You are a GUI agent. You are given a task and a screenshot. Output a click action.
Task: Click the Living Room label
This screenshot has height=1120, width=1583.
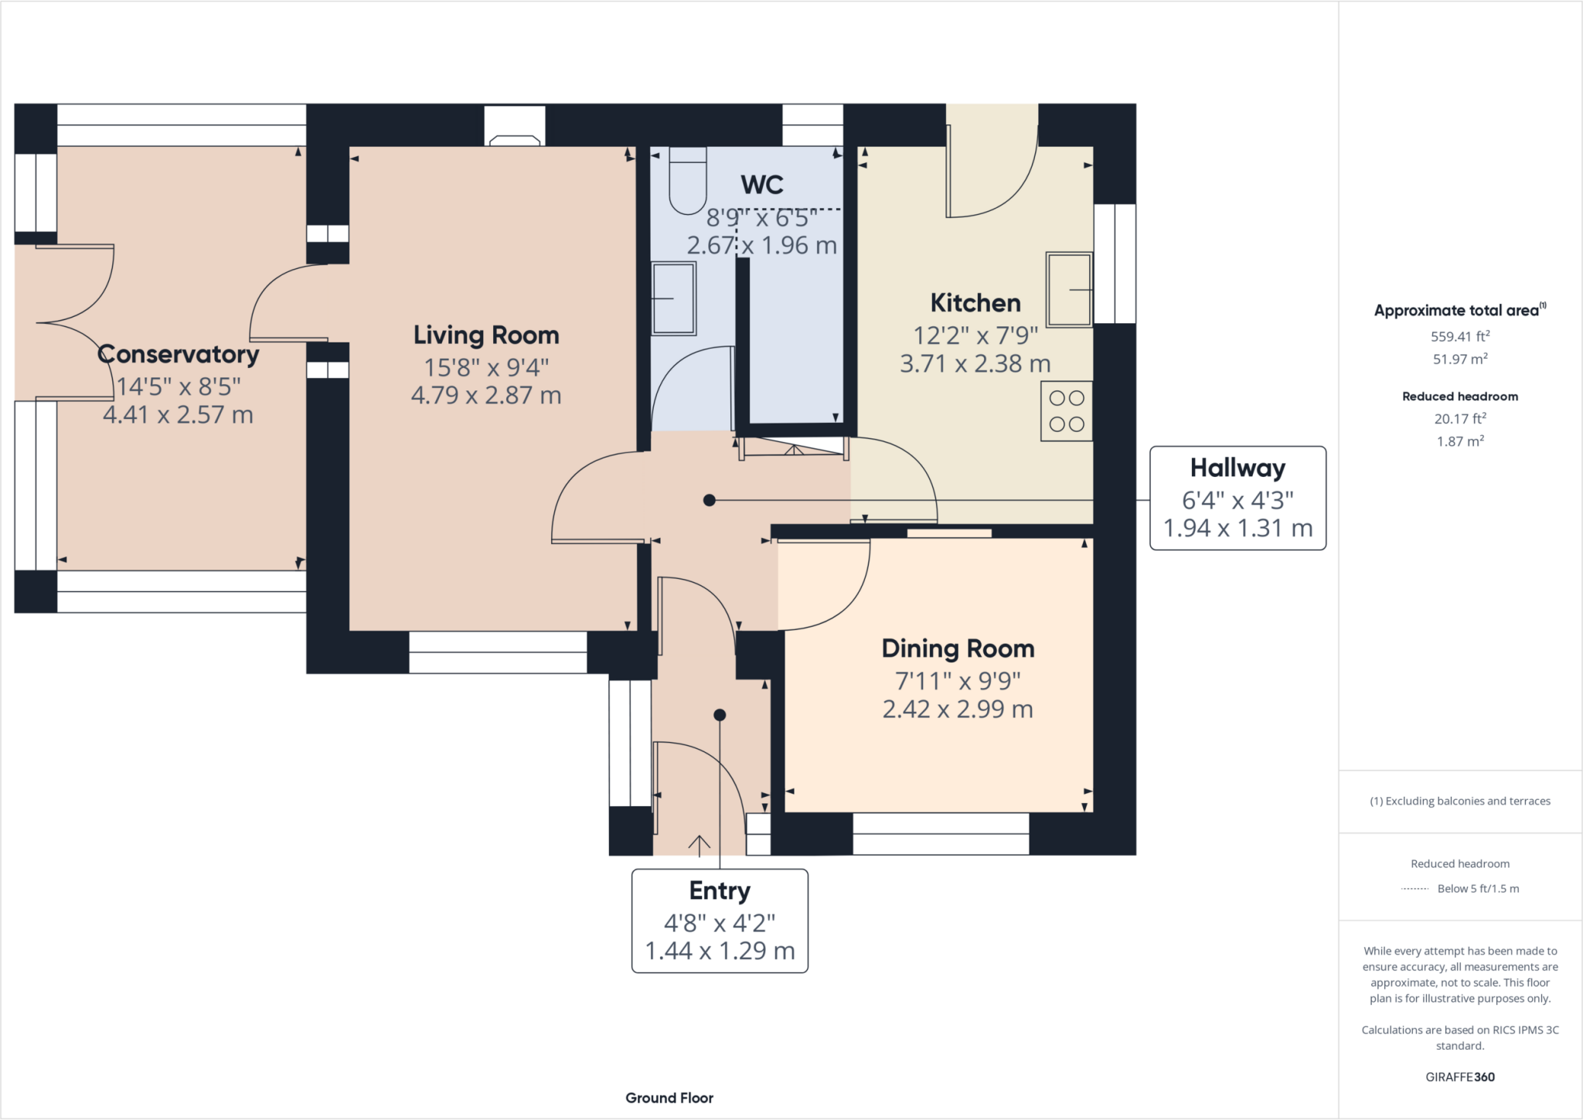pyautogui.click(x=485, y=335)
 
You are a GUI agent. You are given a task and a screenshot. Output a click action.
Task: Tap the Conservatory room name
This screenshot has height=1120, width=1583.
pyautogui.click(x=178, y=354)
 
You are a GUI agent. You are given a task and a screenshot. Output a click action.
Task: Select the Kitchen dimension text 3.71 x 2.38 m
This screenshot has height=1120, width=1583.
pyautogui.click(x=975, y=364)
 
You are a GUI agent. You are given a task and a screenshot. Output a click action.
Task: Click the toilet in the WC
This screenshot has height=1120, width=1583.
pyautogui.click(x=687, y=181)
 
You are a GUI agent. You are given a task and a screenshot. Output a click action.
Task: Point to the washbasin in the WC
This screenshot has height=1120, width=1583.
pyautogui.click(x=673, y=298)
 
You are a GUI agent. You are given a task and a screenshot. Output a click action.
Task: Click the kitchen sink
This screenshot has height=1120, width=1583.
pyautogui.click(x=1069, y=289)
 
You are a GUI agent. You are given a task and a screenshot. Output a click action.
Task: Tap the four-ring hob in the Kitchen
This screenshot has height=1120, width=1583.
pyautogui.click(x=1067, y=410)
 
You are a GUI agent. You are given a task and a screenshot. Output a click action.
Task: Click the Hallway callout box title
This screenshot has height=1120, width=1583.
pyautogui.click(x=1237, y=468)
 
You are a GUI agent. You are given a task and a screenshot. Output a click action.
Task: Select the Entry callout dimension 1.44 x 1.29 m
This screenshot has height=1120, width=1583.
pyautogui.click(x=720, y=951)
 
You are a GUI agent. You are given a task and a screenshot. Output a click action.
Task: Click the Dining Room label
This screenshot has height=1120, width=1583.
pyautogui.click(x=958, y=649)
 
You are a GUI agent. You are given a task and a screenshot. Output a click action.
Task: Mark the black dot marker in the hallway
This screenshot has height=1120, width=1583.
pyautogui.click(x=709, y=501)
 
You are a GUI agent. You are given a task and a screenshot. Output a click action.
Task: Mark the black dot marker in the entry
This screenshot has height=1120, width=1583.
pyautogui.click(x=720, y=715)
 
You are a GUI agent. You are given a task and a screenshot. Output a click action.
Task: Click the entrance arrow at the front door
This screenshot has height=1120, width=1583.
pyautogui.click(x=699, y=845)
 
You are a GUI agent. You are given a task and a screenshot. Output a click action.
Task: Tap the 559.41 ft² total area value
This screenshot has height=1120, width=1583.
pyautogui.click(x=1459, y=336)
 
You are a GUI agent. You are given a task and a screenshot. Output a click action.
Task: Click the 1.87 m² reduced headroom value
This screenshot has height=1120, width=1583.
pyautogui.click(x=1459, y=441)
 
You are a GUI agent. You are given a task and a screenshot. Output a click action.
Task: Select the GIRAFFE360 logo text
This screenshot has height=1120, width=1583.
pyautogui.click(x=1459, y=1077)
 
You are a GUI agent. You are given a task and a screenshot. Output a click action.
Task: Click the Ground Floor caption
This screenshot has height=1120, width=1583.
pyautogui.click(x=669, y=1098)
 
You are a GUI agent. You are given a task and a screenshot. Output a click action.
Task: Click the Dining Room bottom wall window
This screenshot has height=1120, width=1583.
pyautogui.click(x=941, y=833)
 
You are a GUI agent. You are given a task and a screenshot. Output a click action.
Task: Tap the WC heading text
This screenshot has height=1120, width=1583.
pyautogui.click(x=762, y=185)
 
